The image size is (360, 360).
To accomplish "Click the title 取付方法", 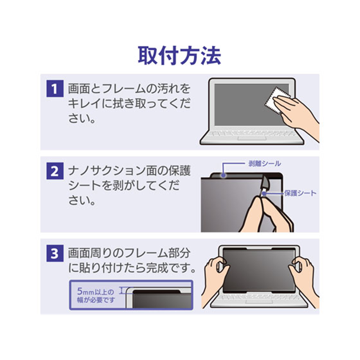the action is click(x=179, y=56).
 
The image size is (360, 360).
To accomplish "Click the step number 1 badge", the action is click(x=54, y=88).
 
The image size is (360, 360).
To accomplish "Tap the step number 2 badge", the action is click(x=54, y=171).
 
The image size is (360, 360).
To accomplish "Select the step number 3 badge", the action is click(x=54, y=253).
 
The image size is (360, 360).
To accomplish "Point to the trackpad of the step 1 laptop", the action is click(x=252, y=138).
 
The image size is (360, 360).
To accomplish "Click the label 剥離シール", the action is click(x=265, y=164).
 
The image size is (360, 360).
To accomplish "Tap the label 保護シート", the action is click(x=300, y=193).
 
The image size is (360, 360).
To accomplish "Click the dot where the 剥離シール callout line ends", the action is click(x=223, y=175).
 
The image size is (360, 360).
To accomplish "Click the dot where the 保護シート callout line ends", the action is click(x=264, y=193).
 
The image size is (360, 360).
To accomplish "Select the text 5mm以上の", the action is click(x=95, y=292).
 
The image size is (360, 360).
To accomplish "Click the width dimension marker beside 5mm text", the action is click(x=122, y=291).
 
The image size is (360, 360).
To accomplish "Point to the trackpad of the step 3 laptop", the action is click(x=260, y=301).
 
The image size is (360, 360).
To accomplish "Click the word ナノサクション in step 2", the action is click(x=107, y=171).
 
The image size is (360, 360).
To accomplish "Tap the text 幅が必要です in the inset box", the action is click(x=96, y=300).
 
